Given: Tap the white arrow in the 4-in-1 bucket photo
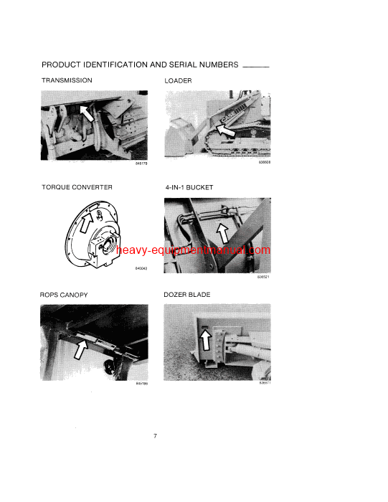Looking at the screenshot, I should coord(224,232).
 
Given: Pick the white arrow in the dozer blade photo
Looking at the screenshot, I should coord(209,338).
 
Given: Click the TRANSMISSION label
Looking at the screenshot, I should coord(67,80).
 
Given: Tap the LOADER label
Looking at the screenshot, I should coord(179,81).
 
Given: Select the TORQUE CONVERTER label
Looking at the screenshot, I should coord(76,187).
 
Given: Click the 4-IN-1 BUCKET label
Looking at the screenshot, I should coord(189,187).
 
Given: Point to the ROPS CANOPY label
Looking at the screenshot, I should coord(65,295).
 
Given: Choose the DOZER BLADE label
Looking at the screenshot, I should coord(188,295).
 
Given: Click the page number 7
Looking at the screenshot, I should coord(155,437).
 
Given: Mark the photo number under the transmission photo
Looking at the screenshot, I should coord(141,164).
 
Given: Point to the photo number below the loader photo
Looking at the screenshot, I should coord(265,164).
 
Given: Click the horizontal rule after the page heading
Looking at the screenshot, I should coord(256,66).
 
